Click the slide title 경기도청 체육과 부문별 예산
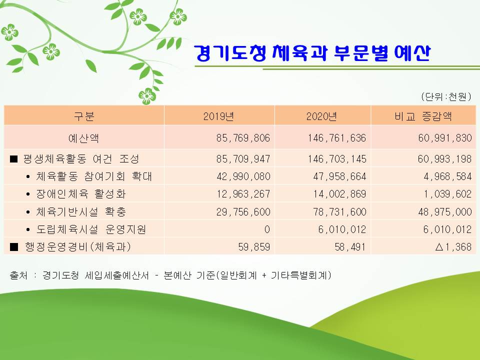coord(312,53)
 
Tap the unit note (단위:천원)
coord(446,96)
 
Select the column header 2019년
coord(218,116)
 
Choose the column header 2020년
coord(321,116)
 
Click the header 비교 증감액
coord(423,116)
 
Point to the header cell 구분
coord(84,116)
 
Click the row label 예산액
coord(83,138)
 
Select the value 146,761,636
coord(336,138)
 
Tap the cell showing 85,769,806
coord(243,138)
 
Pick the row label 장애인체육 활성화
coord(81,194)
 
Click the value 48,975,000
coord(445,212)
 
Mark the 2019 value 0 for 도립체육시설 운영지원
coord(267,229)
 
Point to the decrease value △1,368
coord(453,246)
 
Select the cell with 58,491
coord(350,246)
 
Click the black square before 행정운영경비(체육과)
coord(14,246)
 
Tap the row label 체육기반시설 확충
coord(81,212)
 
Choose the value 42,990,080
coord(243,176)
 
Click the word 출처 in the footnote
coord(18,275)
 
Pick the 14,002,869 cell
coord(339,194)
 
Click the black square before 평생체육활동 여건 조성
coord(14,159)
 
